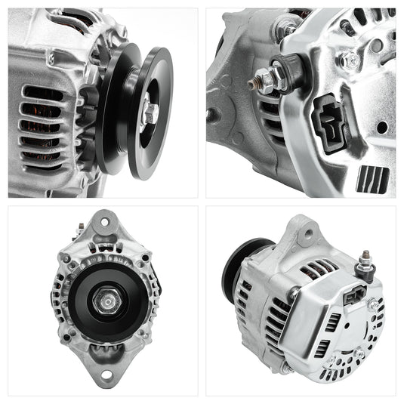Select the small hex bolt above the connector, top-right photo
coord(350,60)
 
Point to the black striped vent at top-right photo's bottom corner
coord(373,179)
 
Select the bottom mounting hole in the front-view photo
coord(103,375)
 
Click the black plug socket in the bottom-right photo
coord(353,297)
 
